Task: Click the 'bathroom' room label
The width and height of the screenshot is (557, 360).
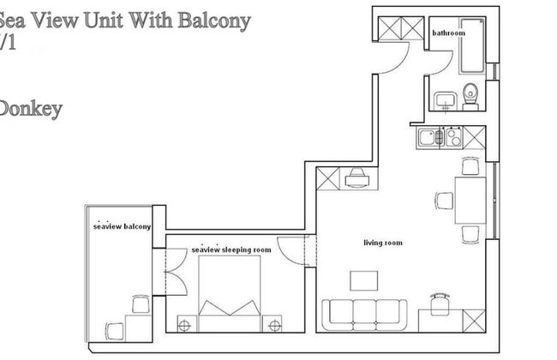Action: click(448, 33)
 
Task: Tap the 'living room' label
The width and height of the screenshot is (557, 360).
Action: click(382, 243)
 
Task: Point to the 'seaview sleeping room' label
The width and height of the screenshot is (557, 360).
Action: click(231, 249)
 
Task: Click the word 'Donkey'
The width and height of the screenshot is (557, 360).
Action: click(30, 109)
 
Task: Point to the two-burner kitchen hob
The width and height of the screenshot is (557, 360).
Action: click(453, 136)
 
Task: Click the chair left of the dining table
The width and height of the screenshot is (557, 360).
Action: click(444, 201)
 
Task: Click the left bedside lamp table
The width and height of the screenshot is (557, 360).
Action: click(183, 323)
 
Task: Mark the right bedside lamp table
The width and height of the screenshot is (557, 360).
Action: click(274, 323)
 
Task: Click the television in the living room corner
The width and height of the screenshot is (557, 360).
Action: click(356, 177)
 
